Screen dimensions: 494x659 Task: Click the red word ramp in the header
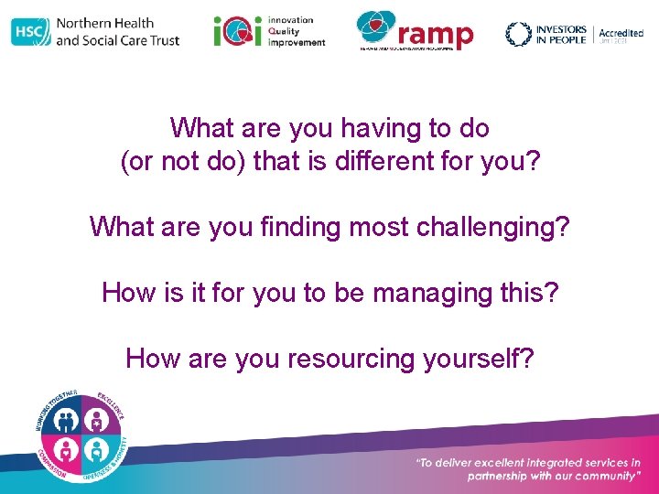436,36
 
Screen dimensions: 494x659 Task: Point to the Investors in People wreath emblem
518,34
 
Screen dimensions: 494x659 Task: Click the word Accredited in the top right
621,33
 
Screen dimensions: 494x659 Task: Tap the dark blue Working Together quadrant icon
67,420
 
